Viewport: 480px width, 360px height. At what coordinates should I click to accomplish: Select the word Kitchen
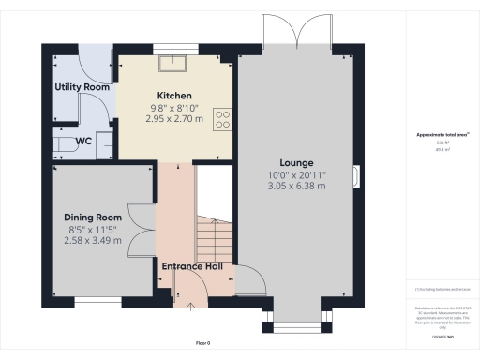click(x=174, y=96)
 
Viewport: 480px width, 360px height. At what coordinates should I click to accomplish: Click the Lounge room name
click(x=295, y=163)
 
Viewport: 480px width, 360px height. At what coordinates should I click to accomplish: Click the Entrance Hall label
click(x=191, y=266)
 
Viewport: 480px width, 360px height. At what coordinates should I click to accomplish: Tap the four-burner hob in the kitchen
click(x=223, y=119)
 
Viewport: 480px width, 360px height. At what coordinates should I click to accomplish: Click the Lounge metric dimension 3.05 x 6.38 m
click(x=295, y=187)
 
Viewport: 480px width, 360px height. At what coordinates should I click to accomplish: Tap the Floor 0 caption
click(x=203, y=344)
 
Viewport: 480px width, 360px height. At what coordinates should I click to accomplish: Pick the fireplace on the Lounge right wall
click(x=355, y=175)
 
